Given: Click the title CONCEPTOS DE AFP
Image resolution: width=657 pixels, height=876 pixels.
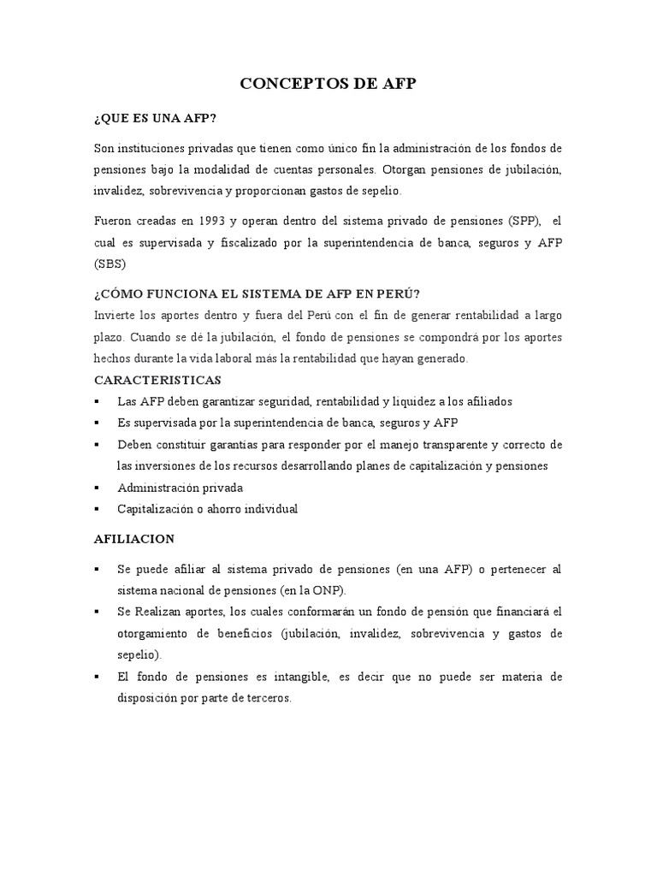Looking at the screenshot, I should coord(328,84).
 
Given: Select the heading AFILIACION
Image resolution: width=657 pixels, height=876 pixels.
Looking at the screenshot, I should coord(133,539).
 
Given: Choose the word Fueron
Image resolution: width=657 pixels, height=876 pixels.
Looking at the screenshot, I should coord(113,221).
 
